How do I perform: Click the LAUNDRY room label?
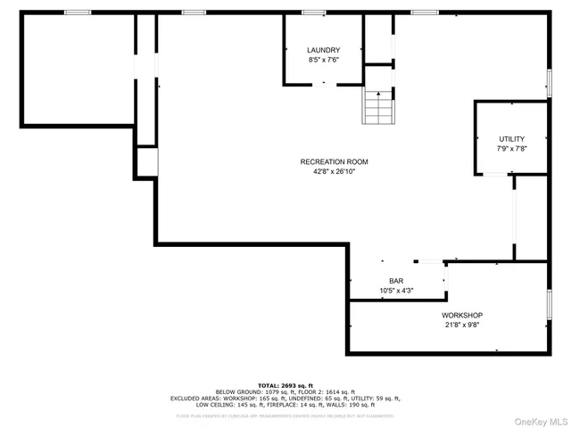(x=323, y=50)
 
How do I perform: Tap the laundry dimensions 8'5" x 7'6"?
(x=323, y=61)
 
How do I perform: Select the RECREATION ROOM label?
(x=334, y=161)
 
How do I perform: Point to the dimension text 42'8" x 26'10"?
(x=334, y=172)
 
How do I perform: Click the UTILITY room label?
(x=511, y=138)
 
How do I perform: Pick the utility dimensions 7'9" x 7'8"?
(x=511, y=149)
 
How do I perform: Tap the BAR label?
(x=395, y=281)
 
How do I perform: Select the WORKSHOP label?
(x=462, y=316)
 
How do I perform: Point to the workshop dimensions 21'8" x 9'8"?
(x=462, y=326)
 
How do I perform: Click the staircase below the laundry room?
(x=377, y=107)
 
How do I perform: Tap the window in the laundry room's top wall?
(x=313, y=12)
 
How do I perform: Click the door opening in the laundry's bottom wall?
(x=324, y=85)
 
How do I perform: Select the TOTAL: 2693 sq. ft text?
(x=285, y=385)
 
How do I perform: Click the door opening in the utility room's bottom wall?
(x=495, y=175)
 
